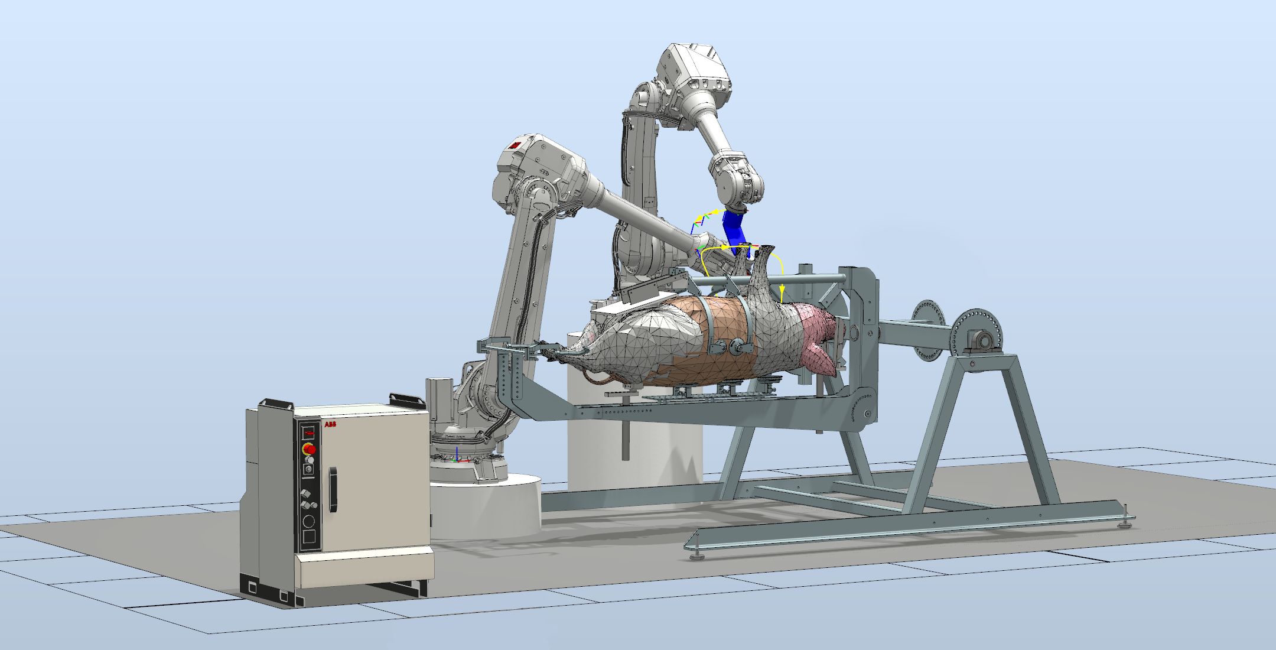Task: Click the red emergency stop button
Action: tap(309, 450)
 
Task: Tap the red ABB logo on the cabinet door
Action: tap(330, 424)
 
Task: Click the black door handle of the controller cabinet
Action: tap(333, 489)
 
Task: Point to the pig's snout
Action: tap(552, 353)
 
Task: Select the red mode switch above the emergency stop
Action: tap(308, 434)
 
